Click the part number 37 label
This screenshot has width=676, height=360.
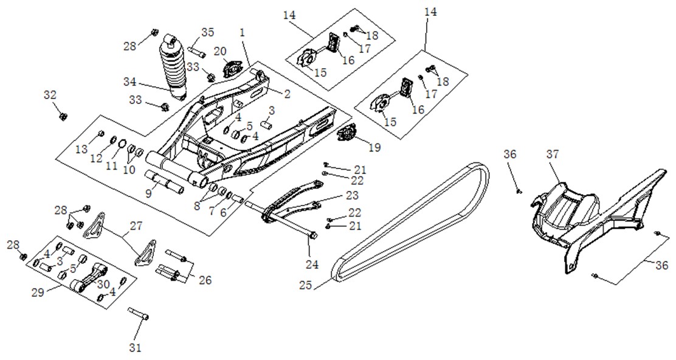pyautogui.click(x=553, y=154)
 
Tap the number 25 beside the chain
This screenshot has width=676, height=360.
pyautogui.click(x=306, y=285)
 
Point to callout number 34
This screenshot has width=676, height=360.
pyautogui.click(x=129, y=81)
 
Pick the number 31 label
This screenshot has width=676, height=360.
pyautogui.click(x=136, y=347)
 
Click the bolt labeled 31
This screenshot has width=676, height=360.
pyautogui.click(x=139, y=313)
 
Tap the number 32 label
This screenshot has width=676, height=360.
pyautogui.click(x=50, y=94)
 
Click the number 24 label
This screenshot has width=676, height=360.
pyautogui.click(x=312, y=265)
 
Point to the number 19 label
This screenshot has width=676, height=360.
pyautogui.click(x=374, y=147)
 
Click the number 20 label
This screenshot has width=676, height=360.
pyautogui.click(x=220, y=51)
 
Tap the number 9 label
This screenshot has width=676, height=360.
pyautogui.click(x=148, y=193)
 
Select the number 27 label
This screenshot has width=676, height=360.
pyautogui.click(x=136, y=226)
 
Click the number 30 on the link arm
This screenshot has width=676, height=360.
pyautogui.click(x=103, y=285)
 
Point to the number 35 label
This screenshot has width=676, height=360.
pyautogui.click(x=208, y=32)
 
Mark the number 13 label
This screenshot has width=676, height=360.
pyautogui.click(x=81, y=149)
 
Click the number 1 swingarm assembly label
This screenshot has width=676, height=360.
pyautogui.click(x=243, y=32)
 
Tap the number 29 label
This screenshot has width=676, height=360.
pyautogui.click(x=38, y=292)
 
